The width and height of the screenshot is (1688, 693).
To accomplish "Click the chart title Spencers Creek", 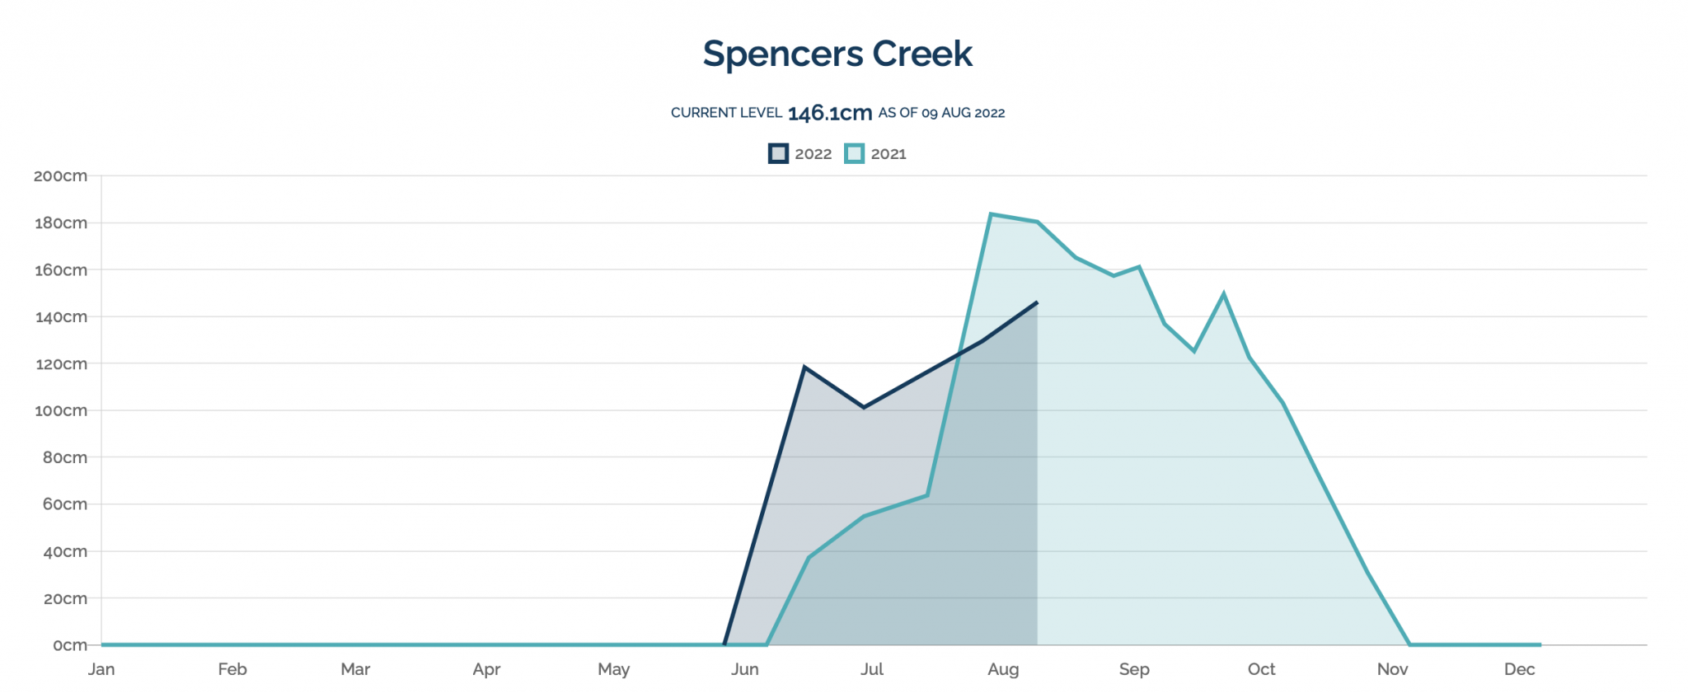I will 837,54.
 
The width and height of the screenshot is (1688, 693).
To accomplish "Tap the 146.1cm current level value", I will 829,113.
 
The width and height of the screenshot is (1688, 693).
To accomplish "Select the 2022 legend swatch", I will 778,154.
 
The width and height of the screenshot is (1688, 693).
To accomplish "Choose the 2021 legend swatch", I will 855,154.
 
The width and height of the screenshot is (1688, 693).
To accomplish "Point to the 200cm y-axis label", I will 60,176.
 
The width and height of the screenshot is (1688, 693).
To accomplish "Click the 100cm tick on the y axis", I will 60,410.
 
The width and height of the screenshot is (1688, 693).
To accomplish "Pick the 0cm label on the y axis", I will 69,645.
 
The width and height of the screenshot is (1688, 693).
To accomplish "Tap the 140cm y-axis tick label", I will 60,316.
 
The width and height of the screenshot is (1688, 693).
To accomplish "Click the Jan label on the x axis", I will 101,669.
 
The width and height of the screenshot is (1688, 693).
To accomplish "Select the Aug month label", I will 1003,669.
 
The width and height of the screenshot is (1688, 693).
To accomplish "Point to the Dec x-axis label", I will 1519,669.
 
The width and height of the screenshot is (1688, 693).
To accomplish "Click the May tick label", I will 613,669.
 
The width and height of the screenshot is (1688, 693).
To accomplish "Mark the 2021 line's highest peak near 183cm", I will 991,214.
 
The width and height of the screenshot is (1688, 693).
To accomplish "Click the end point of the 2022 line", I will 1037,302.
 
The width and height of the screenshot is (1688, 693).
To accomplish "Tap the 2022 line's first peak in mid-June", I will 804,368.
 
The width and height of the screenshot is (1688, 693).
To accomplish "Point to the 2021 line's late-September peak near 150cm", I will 1223,294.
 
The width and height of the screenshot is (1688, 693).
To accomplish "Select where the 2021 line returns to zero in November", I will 1410,644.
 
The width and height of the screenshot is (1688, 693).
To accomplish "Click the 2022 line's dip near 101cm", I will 864,407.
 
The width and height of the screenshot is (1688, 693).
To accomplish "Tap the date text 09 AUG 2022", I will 963,113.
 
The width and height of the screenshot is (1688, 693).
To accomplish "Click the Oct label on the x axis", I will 1261,669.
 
